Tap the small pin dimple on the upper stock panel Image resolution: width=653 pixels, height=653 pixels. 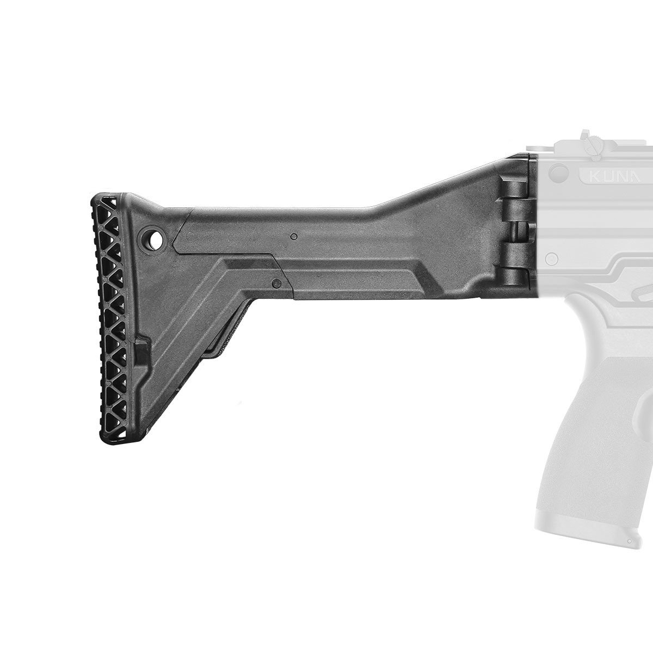pos(294,237)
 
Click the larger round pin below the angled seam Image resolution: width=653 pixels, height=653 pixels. pos(276,283)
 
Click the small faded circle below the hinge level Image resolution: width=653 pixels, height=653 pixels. pos(550,256)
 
